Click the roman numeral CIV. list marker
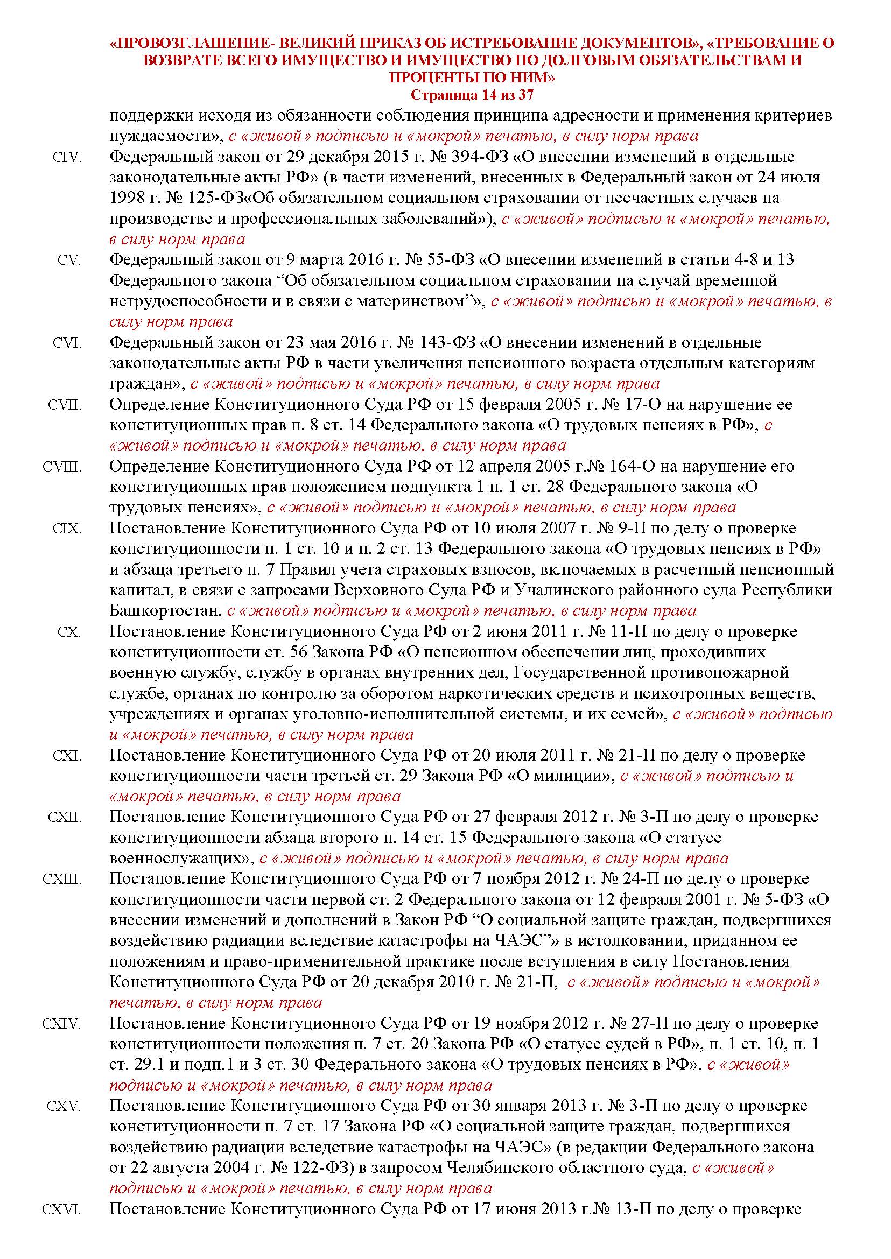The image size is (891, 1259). point(67,158)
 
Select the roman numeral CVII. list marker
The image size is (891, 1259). point(65,405)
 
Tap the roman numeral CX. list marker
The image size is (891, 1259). point(69,632)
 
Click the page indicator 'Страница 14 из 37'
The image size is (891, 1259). point(472,95)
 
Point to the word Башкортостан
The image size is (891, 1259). point(164,610)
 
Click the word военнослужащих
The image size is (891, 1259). point(179,859)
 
